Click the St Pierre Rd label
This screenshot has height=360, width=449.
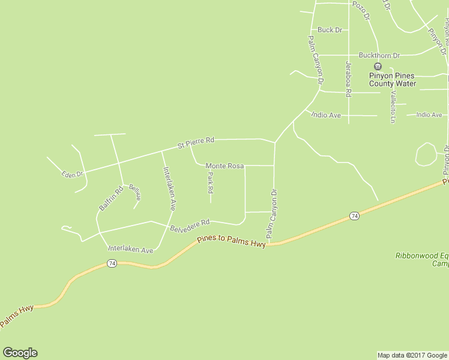(196, 142)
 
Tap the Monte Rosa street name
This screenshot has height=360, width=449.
(224, 166)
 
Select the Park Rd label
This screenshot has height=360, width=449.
(210, 183)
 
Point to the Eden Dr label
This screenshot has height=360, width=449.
(72, 174)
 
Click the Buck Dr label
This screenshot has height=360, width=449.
(330, 29)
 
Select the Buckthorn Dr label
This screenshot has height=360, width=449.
(379, 55)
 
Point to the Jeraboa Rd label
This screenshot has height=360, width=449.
(348, 79)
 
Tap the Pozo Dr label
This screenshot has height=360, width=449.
(361, 10)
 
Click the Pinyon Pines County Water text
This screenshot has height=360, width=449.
(393, 79)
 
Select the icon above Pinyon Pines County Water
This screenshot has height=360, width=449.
(378, 66)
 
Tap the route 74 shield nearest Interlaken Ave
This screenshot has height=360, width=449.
(112, 263)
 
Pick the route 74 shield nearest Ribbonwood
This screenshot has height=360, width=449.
(355, 215)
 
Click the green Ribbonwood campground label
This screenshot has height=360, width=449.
(422, 259)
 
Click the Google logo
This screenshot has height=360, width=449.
(20, 353)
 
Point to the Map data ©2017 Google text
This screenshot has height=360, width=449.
(412, 355)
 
